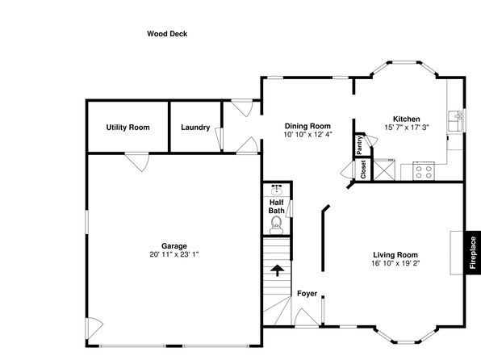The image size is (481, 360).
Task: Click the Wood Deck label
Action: (x=167, y=34)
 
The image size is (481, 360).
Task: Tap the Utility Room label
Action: (x=128, y=128)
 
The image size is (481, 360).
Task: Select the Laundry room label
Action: (x=195, y=128)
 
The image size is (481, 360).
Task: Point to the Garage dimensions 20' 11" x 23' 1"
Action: (x=174, y=254)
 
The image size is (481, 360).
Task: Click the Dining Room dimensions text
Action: (x=307, y=135)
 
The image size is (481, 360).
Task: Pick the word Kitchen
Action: (x=407, y=119)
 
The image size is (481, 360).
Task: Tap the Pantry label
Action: (x=359, y=145)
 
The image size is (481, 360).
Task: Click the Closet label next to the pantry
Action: (x=363, y=170)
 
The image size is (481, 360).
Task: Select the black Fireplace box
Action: (x=473, y=253)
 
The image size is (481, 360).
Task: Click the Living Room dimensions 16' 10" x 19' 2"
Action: (x=395, y=263)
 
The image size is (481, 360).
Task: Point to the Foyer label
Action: (x=307, y=294)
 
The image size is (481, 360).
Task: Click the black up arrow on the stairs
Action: (x=278, y=270)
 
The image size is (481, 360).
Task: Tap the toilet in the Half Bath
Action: (x=276, y=225)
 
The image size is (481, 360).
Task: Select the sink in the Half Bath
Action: (x=277, y=190)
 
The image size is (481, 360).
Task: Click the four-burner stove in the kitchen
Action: (x=424, y=171)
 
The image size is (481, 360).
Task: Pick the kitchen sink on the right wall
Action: (x=455, y=121)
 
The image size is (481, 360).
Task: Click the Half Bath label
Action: (x=276, y=207)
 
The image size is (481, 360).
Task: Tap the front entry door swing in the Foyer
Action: (x=306, y=317)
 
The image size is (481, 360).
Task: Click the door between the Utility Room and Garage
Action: (x=137, y=161)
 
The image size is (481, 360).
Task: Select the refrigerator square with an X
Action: (x=383, y=170)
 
